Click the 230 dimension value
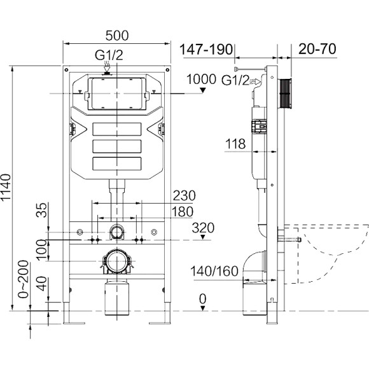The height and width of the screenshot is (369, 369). (x=183, y=195)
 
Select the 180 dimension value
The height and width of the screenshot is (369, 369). (x=183, y=211)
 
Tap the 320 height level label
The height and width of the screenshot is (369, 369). (x=204, y=228)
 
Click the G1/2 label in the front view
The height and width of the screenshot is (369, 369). (x=109, y=55)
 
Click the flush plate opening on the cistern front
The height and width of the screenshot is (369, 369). (x=116, y=92)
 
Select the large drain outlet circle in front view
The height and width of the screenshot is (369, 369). (x=116, y=261)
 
